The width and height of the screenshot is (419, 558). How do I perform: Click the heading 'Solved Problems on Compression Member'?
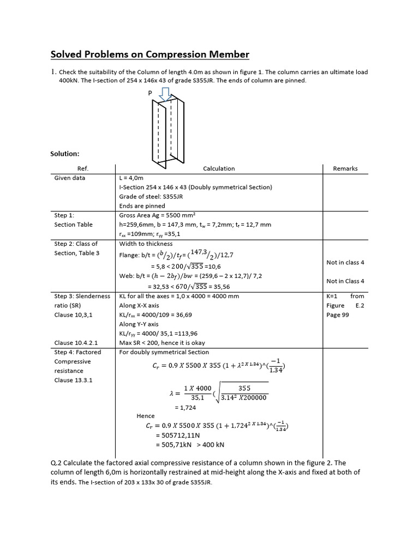[149, 54]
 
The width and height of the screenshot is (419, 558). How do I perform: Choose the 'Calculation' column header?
[219, 168]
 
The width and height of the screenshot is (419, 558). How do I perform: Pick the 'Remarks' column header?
[345, 168]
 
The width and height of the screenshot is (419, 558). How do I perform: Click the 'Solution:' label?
[65, 154]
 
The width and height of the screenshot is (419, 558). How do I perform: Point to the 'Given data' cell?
[69, 178]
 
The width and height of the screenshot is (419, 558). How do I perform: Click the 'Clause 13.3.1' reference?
[73, 380]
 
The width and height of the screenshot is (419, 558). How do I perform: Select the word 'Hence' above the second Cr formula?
[146, 416]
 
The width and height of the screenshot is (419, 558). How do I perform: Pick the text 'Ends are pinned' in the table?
[142, 206]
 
